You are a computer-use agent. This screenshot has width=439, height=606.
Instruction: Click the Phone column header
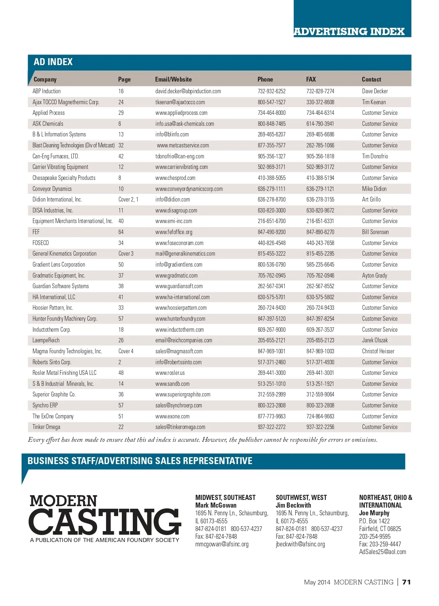pyautogui.click(x=265, y=79)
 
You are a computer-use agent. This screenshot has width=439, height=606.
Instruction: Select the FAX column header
pyautogui.click(x=311, y=79)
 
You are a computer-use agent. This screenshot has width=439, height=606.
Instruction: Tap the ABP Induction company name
pyautogui.click(x=46, y=91)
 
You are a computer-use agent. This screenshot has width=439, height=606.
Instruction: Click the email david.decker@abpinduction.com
pyautogui.click(x=188, y=91)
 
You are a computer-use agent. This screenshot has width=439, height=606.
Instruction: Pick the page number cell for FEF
pyautogui.click(x=121, y=232)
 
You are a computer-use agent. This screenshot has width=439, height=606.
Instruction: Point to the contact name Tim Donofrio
pyautogui.click(x=375, y=156)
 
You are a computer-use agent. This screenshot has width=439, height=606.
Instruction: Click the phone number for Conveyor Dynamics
pyautogui.click(x=271, y=189)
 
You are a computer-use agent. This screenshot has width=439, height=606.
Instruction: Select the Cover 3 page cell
pyautogui.click(x=126, y=253)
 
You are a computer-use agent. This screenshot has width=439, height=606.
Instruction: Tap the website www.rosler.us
pyautogui.click(x=170, y=373)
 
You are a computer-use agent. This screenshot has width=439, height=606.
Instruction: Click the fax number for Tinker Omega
pyautogui.click(x=320, y=427)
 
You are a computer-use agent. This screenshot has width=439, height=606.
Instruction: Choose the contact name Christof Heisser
pyautogui.click(x=378, y=351)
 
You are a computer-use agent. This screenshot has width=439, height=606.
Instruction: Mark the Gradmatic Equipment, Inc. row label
pyautogui.click(x=59, y=275)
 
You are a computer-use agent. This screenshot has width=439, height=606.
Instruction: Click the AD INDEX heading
pyautogui.click(x=53, y=62)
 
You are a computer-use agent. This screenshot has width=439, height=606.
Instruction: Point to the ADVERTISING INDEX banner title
pyautogui.click(x=349, y=31)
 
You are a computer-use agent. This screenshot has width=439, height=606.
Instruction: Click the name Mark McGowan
pyautogui.click(x=216, y=505)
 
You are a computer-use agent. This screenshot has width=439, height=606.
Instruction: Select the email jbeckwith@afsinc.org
pyautogui.click(x=300, y=544)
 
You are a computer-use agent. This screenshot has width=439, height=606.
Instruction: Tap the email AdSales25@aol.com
pyautogui.click(x=382, y=552)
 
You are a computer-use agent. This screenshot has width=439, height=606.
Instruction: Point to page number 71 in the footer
pyautogui.click(x=406, y=582)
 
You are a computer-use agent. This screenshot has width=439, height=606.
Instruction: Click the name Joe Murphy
pyautogui.click(x=374, y=513)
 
